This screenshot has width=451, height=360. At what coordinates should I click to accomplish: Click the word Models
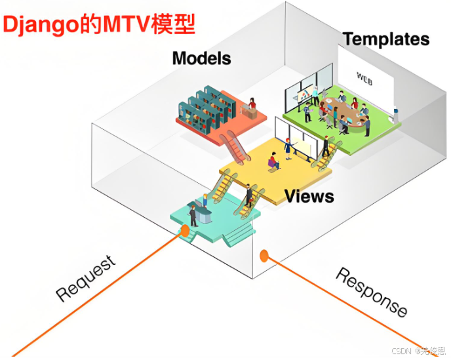[201, 58]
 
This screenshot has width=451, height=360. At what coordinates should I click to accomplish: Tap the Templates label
[386, 39]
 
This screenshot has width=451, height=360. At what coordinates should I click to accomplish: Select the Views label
[309, 195]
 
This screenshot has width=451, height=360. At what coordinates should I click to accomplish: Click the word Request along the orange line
[86, 279]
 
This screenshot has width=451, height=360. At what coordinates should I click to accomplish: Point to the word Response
[371, 292]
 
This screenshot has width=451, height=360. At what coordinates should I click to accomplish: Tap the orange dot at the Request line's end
[186, 231]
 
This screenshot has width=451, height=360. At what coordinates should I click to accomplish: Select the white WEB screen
[366, 75]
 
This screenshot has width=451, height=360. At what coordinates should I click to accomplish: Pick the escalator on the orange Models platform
[235, 146]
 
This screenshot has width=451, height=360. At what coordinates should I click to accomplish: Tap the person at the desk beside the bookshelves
[251, 105]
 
